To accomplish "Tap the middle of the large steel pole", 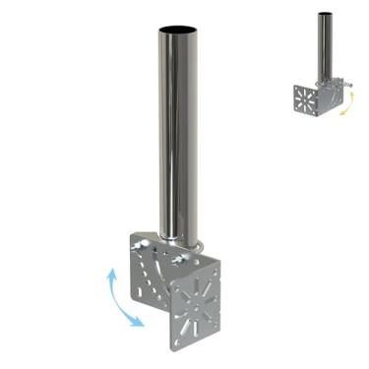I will (x=177, y=128).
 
